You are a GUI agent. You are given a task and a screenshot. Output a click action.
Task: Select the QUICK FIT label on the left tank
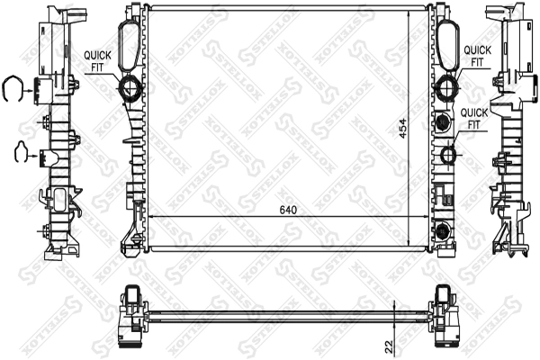99,59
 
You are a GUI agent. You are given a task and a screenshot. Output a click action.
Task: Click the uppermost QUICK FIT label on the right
477,56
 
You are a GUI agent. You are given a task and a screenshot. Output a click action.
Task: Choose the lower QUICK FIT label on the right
475,118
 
